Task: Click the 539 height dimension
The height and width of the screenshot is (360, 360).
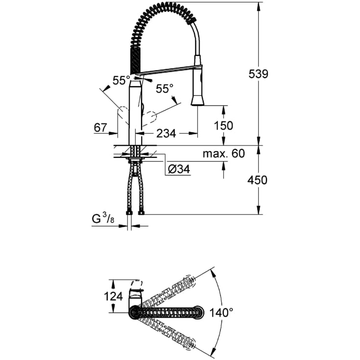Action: (x=258, y=74)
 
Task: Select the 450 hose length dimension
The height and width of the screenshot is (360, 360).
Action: (x=258, y=180)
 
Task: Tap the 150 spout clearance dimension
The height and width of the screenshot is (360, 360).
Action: (x=223, y=125)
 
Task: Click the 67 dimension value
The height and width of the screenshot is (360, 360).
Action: (x=100, y=128)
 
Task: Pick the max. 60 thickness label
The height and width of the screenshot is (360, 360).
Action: (x=223, y=154)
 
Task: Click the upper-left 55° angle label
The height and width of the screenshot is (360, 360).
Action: (x=121, y=80)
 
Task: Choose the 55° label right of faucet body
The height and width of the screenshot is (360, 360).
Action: (x=165, y=89)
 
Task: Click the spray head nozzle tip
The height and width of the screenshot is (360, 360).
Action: (x=197, y=101)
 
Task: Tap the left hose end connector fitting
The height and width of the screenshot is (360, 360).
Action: (x=129, y=212)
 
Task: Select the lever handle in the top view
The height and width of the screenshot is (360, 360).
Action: (x=135, y=293)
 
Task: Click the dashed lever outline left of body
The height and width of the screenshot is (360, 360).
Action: (x=120, y=116)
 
